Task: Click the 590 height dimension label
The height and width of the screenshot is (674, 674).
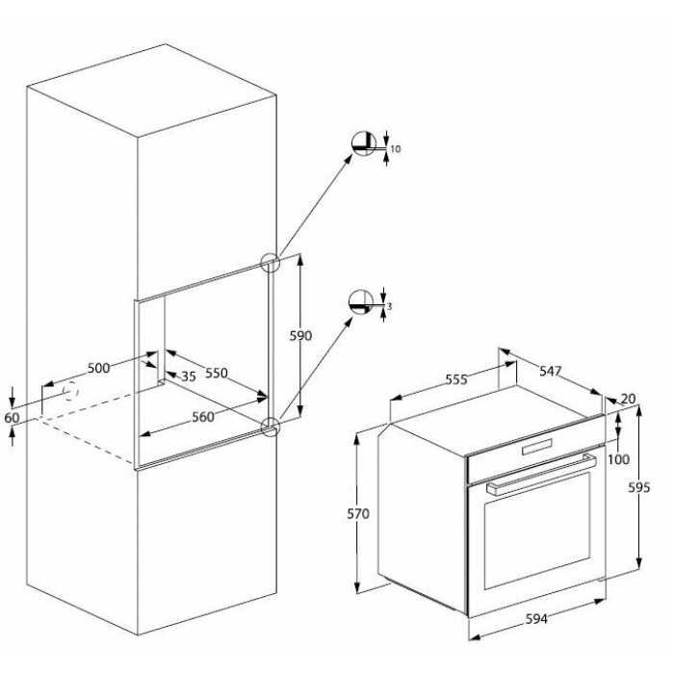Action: (300, 336)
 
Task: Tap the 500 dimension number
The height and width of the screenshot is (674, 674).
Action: (98, 368)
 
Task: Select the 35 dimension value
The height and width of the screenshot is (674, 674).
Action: (189, 376)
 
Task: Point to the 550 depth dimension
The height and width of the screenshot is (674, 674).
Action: (217, 373)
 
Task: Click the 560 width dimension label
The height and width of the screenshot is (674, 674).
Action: (203, 417)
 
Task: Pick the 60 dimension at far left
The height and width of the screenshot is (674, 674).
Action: (12, 417)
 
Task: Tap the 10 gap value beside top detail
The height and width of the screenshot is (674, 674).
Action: (396, 149)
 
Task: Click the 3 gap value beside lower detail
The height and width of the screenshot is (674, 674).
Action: (389, 306)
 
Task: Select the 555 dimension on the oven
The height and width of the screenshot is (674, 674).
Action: (455, 379)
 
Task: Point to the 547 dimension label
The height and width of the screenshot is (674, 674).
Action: (551, 371)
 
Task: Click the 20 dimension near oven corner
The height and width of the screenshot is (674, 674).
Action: (628, 399)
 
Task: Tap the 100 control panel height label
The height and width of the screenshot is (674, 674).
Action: (618, 459)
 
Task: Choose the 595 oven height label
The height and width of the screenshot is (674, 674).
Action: (639, 487)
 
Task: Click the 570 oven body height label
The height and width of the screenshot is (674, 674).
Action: (358, 513)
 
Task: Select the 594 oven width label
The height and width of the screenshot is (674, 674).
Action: (537, 618)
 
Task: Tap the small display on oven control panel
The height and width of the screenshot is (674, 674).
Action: (537, 447)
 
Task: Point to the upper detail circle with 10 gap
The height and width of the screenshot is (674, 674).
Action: (363, 143)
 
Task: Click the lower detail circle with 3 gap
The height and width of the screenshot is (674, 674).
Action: (361, 302)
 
